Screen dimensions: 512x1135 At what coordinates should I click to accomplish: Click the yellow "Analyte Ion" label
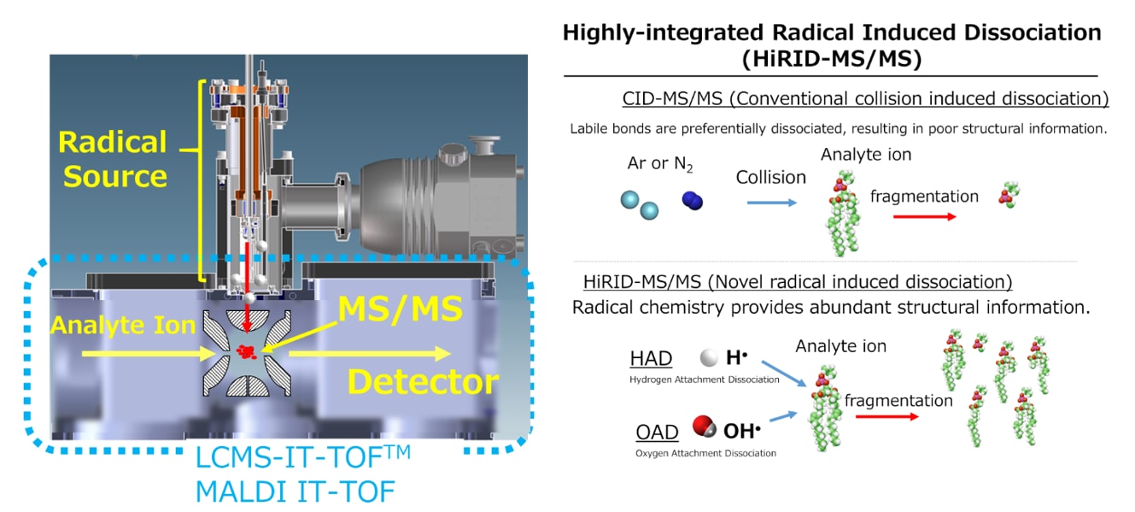[x=122, y=326]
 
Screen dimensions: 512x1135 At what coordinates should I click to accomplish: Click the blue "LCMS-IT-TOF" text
[x=291, y=458]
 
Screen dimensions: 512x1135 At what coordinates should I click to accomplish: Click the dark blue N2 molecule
[x=692, y=202]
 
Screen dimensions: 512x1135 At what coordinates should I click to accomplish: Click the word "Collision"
[x=771, y=177]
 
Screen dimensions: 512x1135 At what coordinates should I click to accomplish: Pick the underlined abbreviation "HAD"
[x=651, y=359]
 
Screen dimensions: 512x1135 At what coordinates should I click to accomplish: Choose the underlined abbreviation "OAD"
[x=657, y=432]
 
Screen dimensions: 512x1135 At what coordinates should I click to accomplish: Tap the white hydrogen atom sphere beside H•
[x=708, y=359]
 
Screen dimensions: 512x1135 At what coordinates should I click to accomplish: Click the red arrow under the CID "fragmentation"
[x=924, y=217]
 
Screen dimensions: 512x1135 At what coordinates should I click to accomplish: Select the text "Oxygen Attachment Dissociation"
[x=705, y=453]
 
